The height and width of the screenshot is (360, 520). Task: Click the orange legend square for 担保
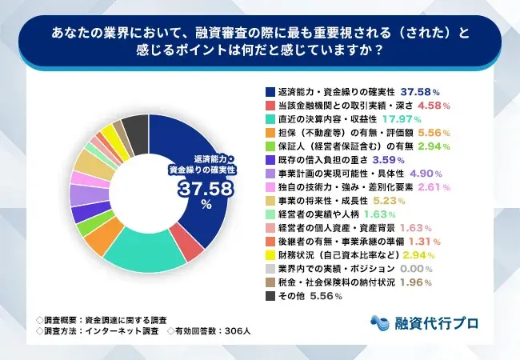[x=270, y=134]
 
